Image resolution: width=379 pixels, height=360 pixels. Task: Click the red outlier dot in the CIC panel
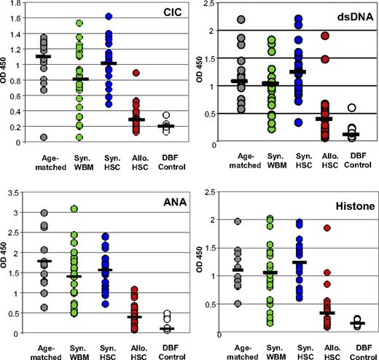tap(136, 72)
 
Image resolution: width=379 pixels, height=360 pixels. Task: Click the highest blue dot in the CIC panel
tap(109, 16)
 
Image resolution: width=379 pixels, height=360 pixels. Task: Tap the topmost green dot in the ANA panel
tap(74, 209)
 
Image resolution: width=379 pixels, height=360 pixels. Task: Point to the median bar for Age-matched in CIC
tap(44, 56)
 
